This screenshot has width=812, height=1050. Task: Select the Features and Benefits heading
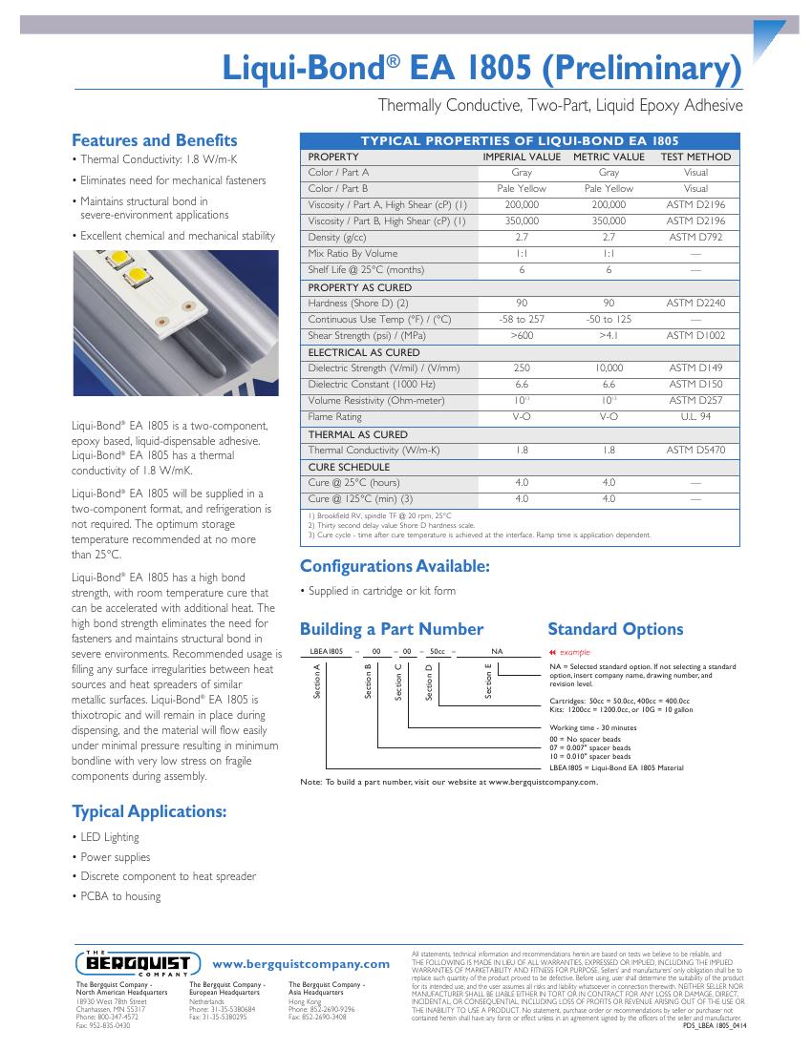[155, 140]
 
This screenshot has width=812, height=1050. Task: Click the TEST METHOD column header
[695, 157]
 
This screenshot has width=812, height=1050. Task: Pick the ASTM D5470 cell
[695, 450]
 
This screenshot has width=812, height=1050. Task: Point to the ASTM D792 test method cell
[695, 237]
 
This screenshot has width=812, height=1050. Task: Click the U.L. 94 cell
[695, 417]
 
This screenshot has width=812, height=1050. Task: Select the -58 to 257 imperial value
[522, 319]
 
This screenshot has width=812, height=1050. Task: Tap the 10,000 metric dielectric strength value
[609, 368]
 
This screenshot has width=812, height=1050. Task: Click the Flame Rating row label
[334, 417]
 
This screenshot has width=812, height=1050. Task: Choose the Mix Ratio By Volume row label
[353, 254]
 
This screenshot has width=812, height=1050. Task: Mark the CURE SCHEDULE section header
[349, 467]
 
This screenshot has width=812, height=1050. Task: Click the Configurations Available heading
[395, 566]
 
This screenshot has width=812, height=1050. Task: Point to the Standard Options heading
[614, 629]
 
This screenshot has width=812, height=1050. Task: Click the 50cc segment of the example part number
[439, 649]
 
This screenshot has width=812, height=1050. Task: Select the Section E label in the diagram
[488, 681]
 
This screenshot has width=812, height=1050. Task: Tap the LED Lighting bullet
[109, 837]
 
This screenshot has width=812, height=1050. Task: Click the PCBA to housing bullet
[120, 896]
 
